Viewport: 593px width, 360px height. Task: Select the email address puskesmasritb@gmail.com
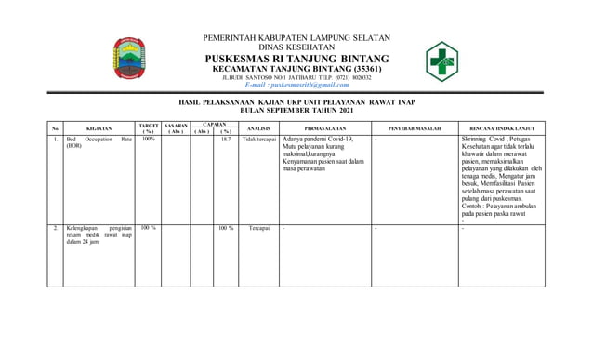[x=296, y=84]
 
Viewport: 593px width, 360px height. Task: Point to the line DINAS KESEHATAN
[x=296, y=47]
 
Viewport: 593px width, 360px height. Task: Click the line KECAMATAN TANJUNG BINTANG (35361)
[x=296, y=69]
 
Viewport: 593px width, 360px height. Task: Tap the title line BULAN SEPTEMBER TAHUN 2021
[x=296, y=109]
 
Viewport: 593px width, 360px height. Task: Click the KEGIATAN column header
[x=99, y=127]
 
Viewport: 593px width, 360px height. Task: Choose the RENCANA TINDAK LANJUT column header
[x=501, y=127]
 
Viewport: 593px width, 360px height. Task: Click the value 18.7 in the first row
[x=225, y=139]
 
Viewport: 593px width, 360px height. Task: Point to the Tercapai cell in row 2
[x=259, y=227]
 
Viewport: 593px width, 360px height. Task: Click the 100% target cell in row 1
[x=149, y=139]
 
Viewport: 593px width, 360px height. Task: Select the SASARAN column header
[x=176, y=127]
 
